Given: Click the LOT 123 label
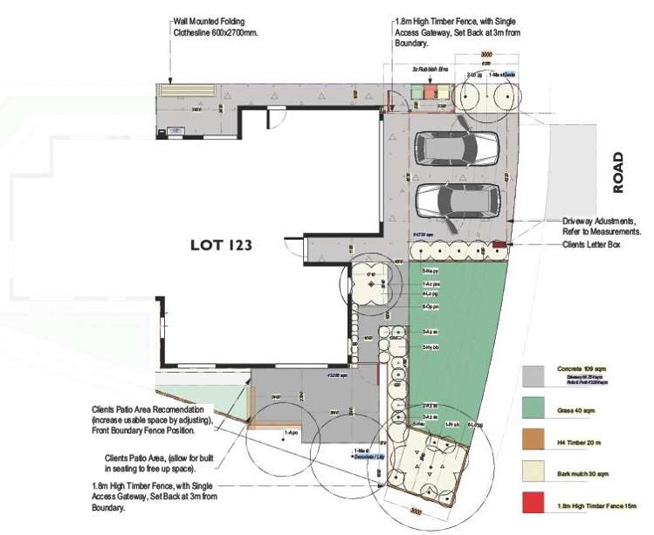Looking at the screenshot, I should [221, 245].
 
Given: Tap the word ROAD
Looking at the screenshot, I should [618, 173].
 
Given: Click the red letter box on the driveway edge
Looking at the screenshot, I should [499, 243].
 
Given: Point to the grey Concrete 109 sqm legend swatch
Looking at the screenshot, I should [534, 374].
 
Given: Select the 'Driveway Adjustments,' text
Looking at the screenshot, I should [603, 222].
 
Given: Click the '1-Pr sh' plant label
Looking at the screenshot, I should [452, 423].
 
